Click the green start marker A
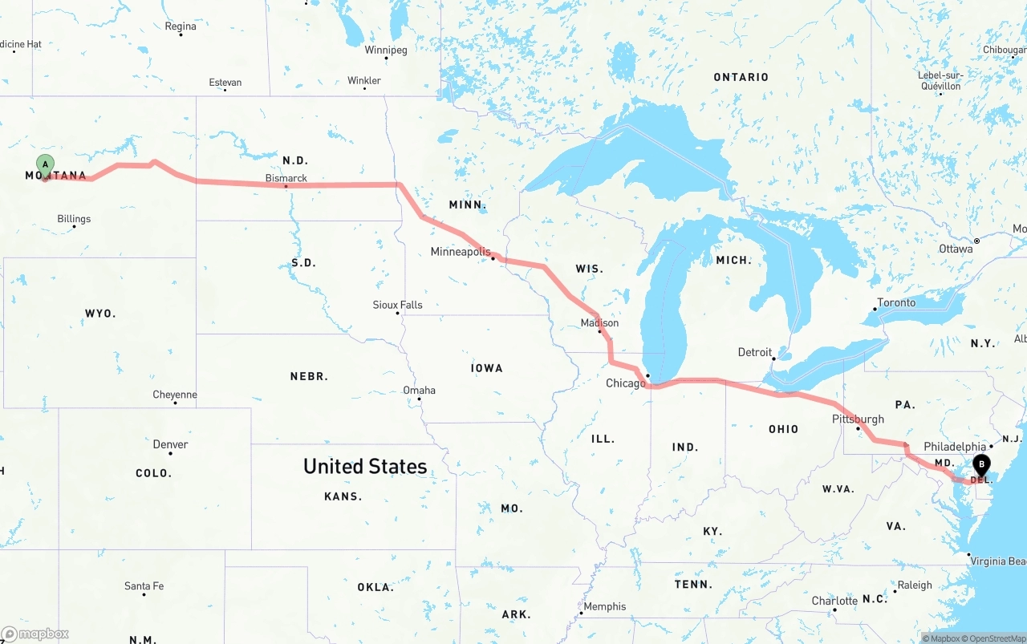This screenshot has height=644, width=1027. click(46, 165)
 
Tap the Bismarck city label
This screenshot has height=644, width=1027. click(286, 178)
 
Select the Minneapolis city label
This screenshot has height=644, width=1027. click(461, 252)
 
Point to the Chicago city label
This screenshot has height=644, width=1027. click(625, 383)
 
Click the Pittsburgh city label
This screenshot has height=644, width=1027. click(858, 419)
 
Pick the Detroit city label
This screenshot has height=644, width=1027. click(754, 352)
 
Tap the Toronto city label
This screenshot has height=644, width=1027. click(896, 302)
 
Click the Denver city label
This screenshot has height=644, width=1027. click(170, 444)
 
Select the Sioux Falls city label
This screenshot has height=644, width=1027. click(397, 305)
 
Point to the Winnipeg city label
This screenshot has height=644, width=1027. click(386, 50)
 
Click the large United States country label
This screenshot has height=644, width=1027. click(365, 467)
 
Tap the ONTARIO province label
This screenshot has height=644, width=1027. click(741, 77)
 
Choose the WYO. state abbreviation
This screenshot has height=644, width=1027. click(100, 314)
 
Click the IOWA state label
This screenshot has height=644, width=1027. click(487, 368)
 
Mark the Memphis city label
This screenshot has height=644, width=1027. click(605, 606)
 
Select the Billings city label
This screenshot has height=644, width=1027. click(74, 219)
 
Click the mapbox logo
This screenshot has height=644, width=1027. click(35, 634)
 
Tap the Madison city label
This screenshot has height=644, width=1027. click(599, 322)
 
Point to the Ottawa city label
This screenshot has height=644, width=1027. click(956, 249)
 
